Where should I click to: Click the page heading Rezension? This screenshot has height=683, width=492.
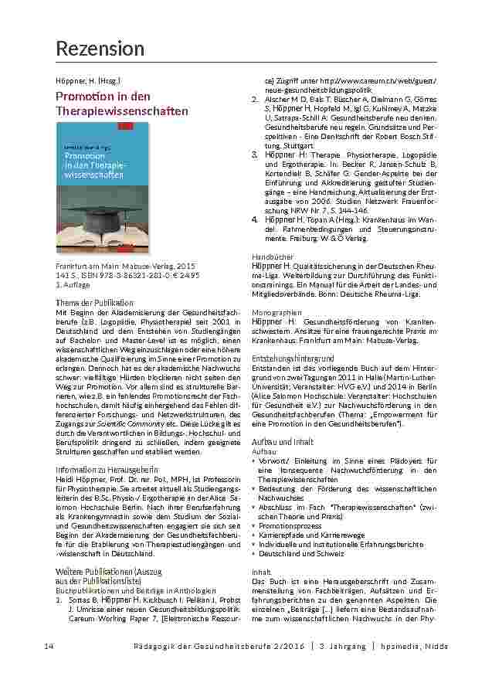pos(100,49)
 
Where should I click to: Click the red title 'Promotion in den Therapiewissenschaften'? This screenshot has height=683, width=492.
pos(122,104)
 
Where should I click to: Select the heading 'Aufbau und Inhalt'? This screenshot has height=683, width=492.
pos(282,441)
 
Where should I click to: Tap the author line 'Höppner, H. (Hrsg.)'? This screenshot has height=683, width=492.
pos(87,80)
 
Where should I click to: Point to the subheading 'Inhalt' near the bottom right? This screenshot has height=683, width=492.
pos(262,571)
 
